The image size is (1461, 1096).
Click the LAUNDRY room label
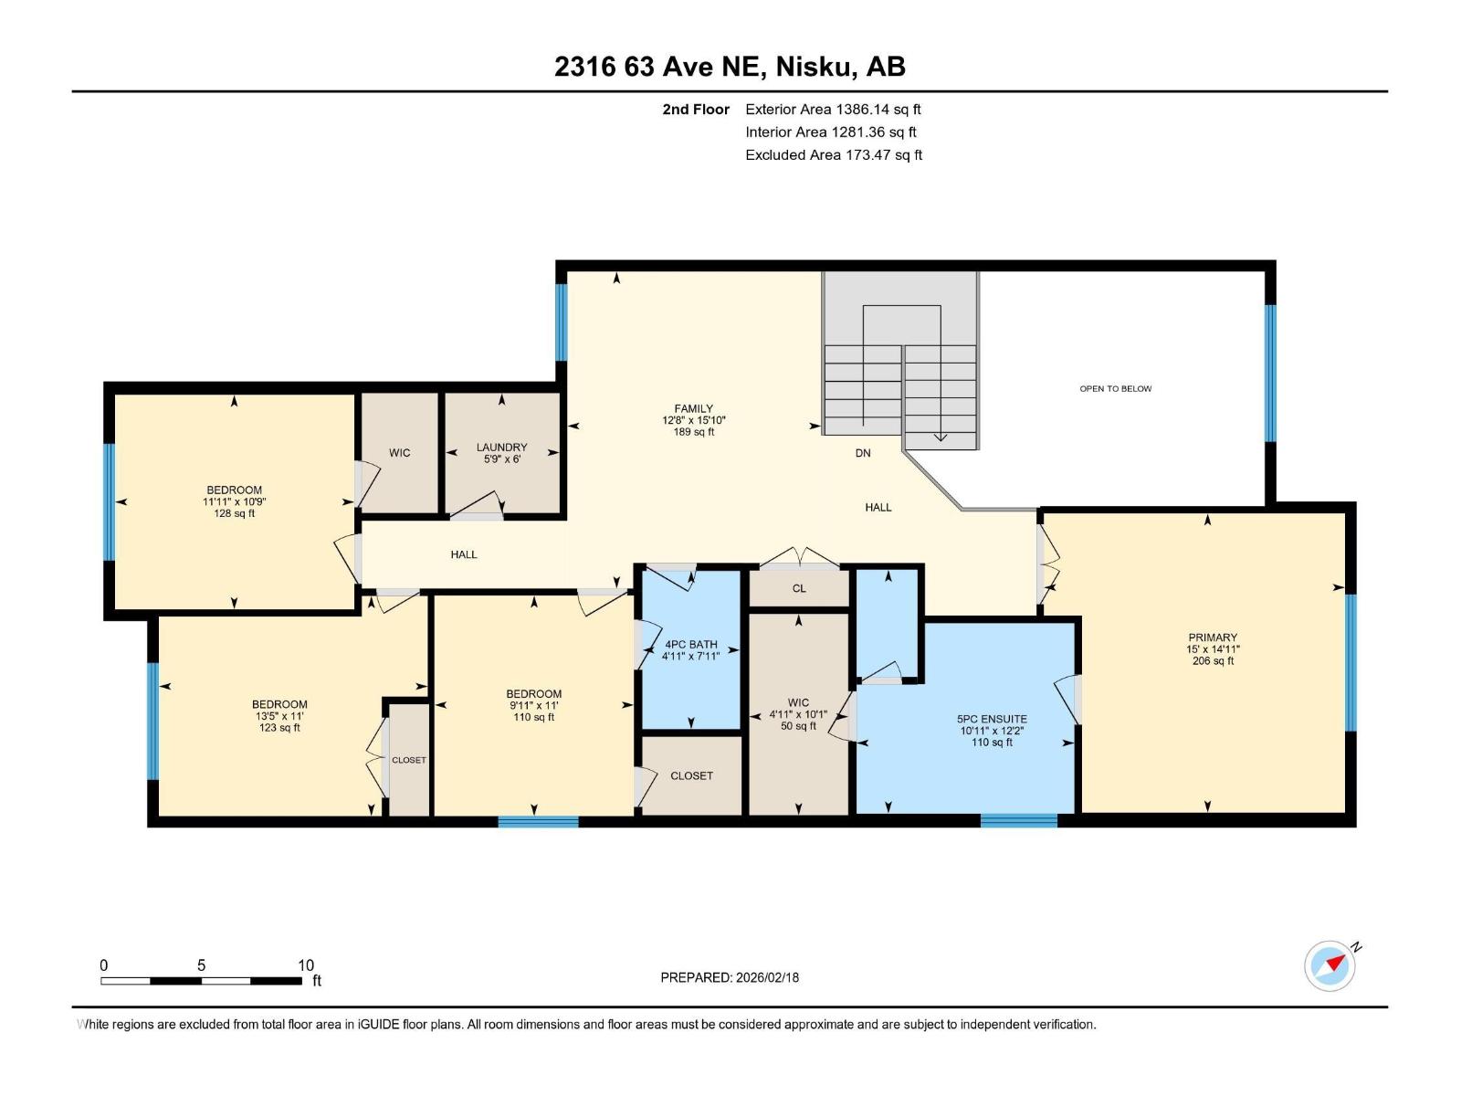click(x=501, y=448)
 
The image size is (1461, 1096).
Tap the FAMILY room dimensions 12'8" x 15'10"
click(x=694, y=421)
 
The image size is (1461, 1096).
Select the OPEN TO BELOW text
click(x=1115, y=389)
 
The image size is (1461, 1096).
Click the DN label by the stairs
click(x=863, y=453)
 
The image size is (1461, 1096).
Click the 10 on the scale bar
click(x=306, y=965)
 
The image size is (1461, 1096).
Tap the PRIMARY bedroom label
click(x=1213, y=638)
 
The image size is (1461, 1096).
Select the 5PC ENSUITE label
click(x=993, y=720)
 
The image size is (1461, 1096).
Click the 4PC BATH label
click(x=691, y=645)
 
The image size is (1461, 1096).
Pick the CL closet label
click(x=799, y=588)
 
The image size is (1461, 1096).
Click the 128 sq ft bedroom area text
click(x=234, y=514)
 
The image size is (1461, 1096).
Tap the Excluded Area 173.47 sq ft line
click(x=833, y=155)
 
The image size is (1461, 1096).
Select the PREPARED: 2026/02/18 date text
click(x=730, y=977)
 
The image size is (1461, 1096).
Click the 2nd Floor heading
click(x=696, y=110)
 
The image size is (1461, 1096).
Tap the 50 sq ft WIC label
click(x=798, y=727)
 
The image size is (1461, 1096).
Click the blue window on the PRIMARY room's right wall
click(x=1351, y=662)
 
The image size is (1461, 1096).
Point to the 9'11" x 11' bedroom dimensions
click(x=533, y=706)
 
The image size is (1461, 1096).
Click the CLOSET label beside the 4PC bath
click(x=691, y=775)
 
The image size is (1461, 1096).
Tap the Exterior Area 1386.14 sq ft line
click(x=833, y=110)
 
